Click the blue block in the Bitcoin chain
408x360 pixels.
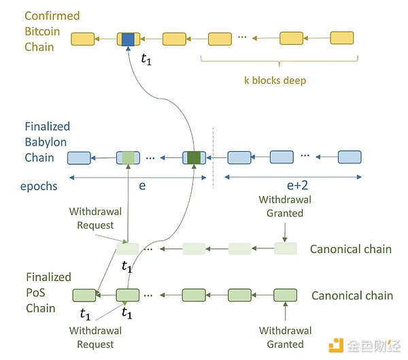[127, 39]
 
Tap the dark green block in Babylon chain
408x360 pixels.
[194, 158]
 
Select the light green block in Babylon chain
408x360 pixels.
[128, 158]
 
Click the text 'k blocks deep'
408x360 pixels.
[275, 80]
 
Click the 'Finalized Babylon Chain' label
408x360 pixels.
[48, 142]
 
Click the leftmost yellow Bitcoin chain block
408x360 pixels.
[82, 39]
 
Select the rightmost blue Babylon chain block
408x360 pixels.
[349, 158]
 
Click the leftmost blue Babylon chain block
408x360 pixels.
[79, 159]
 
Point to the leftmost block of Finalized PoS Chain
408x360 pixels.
[84, 295]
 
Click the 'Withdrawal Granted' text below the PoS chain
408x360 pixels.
[286, 337]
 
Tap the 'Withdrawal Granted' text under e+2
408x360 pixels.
[286, 206]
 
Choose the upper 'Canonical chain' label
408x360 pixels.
[351, 249]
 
